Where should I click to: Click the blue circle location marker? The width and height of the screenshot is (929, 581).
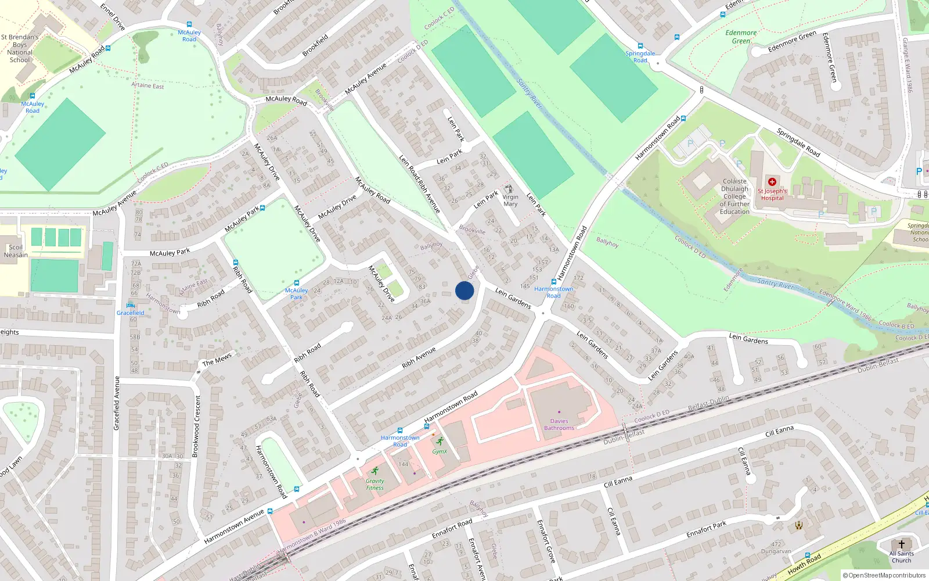point(464,290)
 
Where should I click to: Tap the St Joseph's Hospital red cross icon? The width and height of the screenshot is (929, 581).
point(772,182)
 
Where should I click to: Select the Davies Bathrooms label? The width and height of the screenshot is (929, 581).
point(559,425)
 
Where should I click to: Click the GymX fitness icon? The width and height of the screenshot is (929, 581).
point(440,441)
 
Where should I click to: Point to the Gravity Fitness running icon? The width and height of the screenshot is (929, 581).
point(375,471)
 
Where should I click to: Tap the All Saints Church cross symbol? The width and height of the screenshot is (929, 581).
point(901,544)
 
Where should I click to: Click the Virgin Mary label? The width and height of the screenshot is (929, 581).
point(510,200)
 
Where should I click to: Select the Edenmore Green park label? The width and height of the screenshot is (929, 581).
point(741,37)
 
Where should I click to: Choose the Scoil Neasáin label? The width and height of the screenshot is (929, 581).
point(16,251)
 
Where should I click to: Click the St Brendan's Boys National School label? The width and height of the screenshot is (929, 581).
point(20,48)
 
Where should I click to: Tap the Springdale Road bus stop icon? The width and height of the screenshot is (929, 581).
point(640,46)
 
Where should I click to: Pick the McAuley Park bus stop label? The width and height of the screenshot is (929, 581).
point(296,293)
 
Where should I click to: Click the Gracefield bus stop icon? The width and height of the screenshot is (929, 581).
point(130,305)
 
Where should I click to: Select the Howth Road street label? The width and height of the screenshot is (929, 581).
point(804,564)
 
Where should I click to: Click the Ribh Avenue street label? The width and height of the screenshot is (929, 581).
point(419,358)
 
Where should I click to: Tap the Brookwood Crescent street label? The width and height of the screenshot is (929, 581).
point(197,426)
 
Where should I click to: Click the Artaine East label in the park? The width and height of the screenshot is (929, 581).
point(147,85)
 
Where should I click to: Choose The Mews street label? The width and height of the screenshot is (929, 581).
point(217,360)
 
